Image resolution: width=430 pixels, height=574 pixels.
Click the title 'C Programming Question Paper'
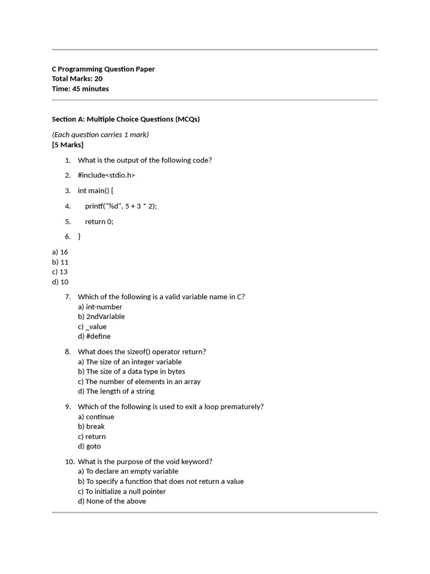[103, 69]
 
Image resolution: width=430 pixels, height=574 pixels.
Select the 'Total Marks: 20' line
[77, 79]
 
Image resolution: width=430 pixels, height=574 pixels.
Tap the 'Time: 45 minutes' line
[80, 89]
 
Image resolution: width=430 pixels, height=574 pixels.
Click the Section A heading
[125, 119]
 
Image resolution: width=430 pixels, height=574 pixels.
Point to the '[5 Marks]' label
[67, 145]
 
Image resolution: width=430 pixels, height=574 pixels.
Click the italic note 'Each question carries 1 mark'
[100, 135]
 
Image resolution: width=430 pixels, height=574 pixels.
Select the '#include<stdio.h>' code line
[106, 175]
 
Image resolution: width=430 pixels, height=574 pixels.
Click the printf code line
[121, 206]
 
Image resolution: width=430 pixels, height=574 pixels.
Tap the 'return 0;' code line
[99, 221]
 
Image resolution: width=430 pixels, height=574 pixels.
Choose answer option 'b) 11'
[60, 262]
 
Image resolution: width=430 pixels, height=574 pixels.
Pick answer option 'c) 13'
[60, 272]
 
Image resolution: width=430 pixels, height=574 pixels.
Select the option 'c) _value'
[92, 327]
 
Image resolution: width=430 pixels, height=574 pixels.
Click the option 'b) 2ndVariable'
[101, 317]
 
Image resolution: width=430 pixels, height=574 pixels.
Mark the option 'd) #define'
[94, 336]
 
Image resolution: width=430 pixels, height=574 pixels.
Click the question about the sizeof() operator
[142, 352]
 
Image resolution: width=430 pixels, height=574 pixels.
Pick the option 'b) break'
[91, 427]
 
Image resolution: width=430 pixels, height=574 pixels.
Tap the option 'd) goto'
[90, 446]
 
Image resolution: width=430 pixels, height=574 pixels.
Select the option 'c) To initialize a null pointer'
[121, 492]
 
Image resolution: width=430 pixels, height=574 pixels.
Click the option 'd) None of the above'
[111, 501]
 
